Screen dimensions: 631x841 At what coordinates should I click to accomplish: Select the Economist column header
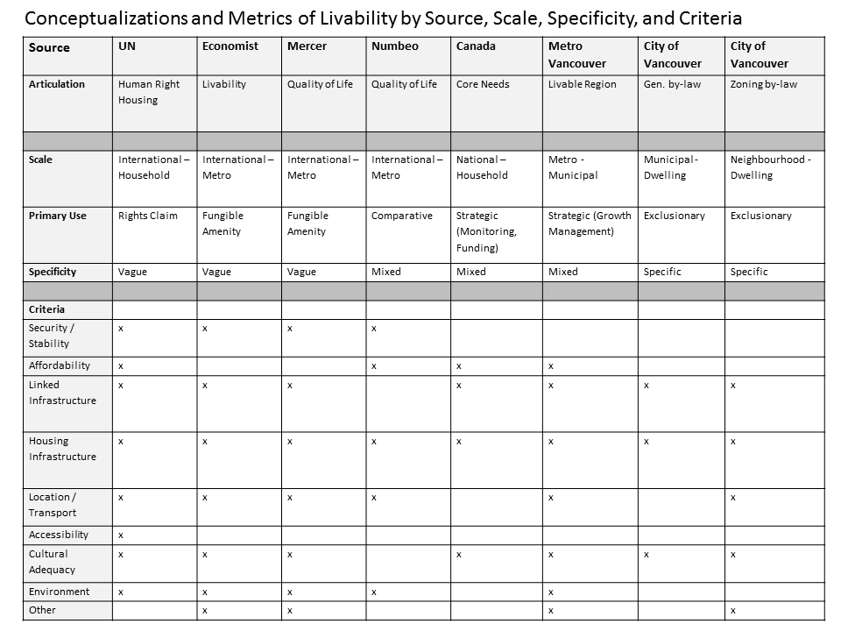pos(230,46)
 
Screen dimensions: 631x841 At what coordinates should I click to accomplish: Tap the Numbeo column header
pos(395,46)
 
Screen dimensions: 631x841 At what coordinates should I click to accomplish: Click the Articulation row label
pos(57,85)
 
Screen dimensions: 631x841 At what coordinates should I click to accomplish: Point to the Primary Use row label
pos(58,216)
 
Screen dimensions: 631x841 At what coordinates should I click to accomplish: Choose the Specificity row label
pos(53,272)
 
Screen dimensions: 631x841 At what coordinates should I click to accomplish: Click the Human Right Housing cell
pos(149,92)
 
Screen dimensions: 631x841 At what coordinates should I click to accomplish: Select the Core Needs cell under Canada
pos(483,85)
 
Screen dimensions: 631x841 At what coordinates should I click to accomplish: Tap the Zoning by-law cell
pos(764,85)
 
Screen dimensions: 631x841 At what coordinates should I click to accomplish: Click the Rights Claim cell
pos(148,216)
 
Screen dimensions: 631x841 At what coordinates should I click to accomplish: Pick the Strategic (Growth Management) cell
pos(590,223)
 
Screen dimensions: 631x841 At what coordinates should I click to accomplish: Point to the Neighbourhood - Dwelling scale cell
pos(771,167)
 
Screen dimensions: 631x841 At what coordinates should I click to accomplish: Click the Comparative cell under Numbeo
pos(402,216)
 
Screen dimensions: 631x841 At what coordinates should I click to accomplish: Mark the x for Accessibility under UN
pos(121,535)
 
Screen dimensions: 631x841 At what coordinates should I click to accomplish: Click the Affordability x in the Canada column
pos(459,365)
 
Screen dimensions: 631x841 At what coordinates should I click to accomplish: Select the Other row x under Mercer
pos(290,610)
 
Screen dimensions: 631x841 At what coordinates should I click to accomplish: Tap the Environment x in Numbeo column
pos(374,592)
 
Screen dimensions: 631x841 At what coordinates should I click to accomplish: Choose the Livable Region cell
pos(583,85)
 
